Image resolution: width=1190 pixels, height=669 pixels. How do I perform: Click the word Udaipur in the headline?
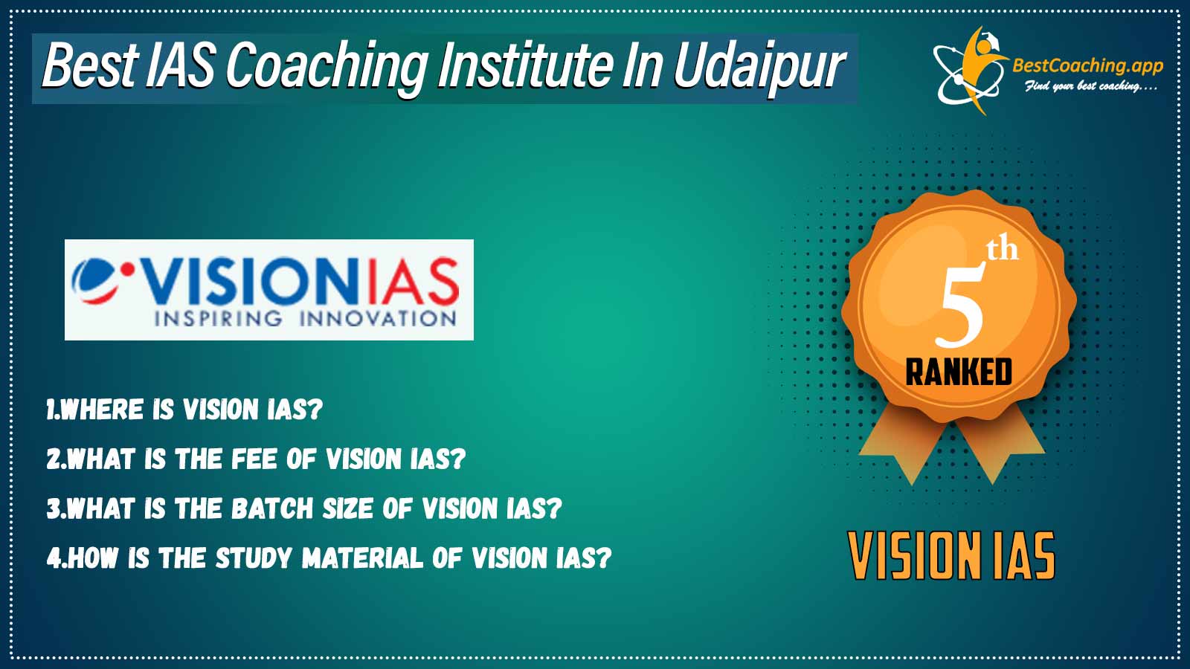pos(759,66)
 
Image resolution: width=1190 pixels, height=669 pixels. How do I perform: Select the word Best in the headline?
pos(90,65)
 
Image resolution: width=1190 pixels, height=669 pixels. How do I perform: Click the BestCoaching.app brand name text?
pos(1087,66)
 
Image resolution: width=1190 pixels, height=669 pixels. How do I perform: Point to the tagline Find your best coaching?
pos(1090,86)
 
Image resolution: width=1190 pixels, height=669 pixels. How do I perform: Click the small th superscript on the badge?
pos(1003,251)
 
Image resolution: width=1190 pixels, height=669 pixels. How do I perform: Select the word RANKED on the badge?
pos(959,372)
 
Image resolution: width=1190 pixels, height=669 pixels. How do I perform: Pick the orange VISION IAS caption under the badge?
pos(951,555)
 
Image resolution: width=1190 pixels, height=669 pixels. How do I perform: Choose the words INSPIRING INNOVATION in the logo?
pos(305,319)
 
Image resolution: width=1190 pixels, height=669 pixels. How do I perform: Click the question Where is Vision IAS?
pos(184,410)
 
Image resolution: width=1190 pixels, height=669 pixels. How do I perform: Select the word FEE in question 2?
pos(254,459)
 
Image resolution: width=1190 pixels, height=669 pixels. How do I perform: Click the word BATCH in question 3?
pos(272,508)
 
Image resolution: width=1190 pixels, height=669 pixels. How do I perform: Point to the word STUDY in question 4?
pos(254,557)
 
